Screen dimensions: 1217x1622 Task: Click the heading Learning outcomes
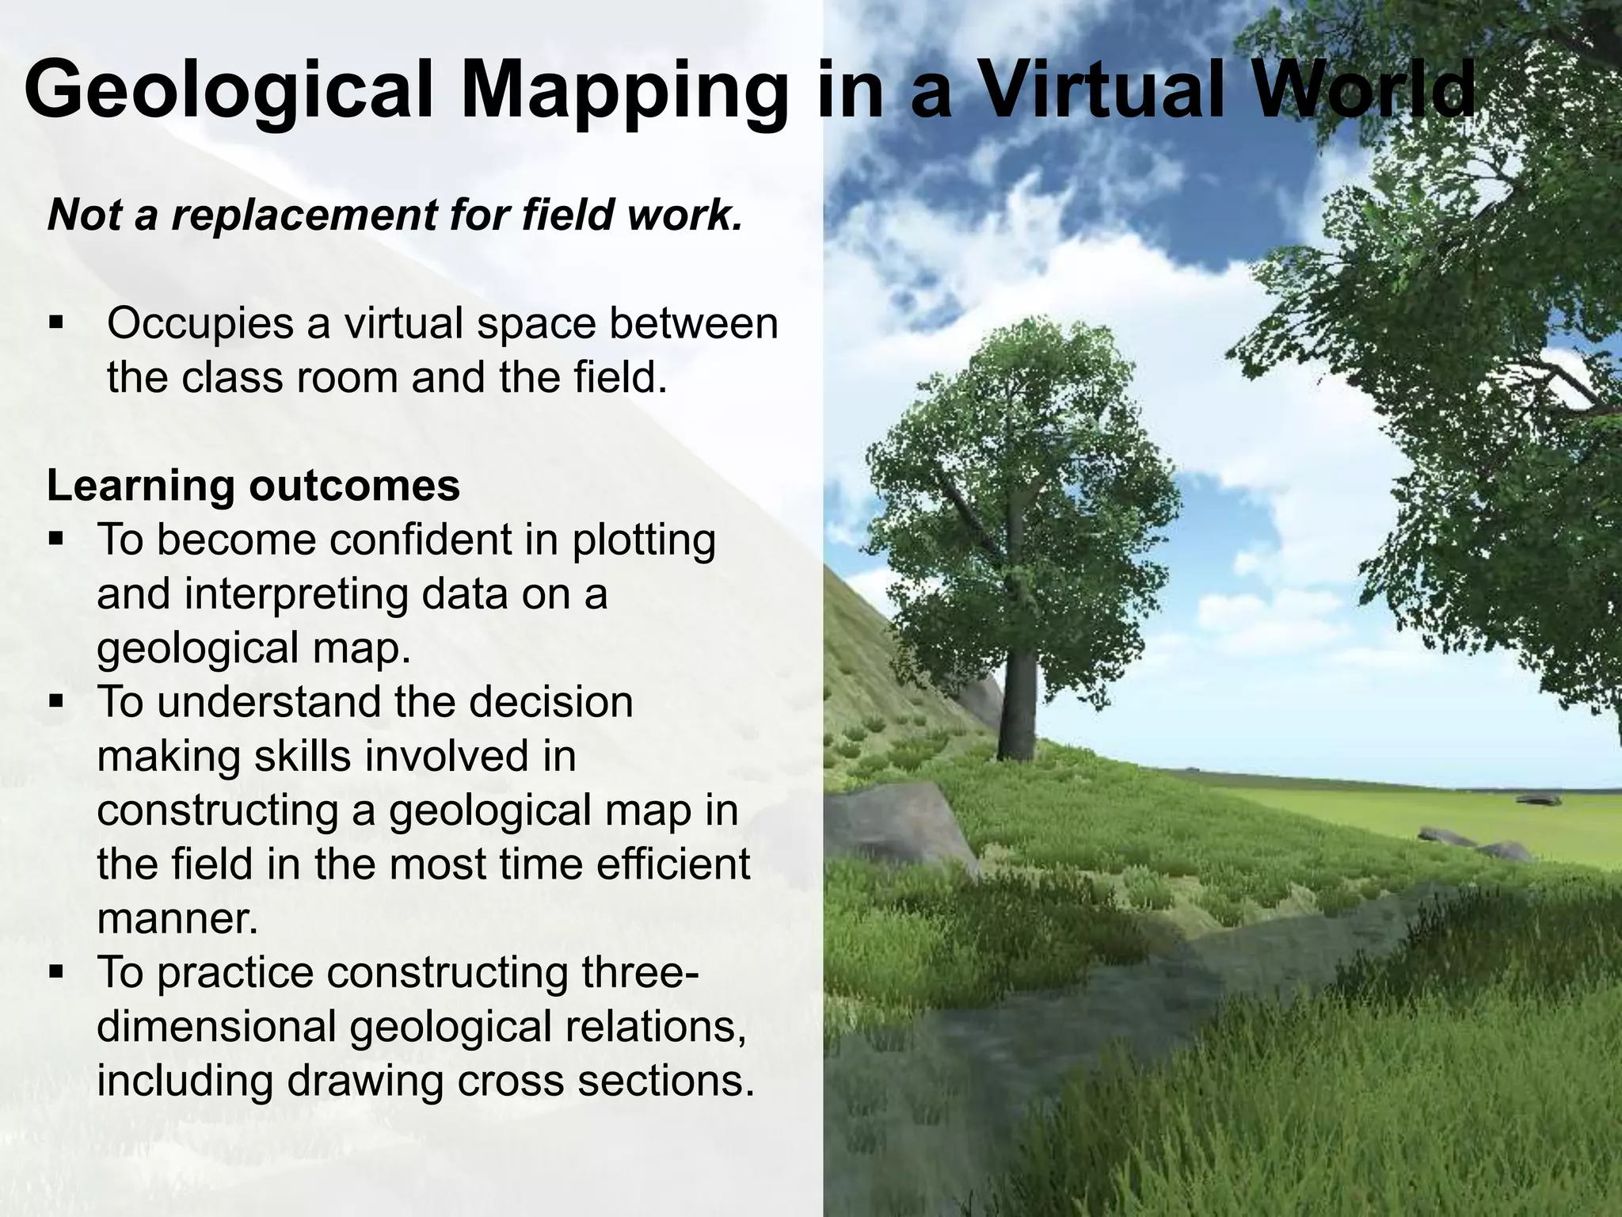tap(253, 485)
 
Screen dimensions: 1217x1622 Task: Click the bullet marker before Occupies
tap(55, 323)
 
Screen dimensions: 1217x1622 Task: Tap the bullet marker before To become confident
tap(55, 540)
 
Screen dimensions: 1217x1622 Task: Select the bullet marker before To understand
tap(55, 702)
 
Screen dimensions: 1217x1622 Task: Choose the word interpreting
tap(296, 594)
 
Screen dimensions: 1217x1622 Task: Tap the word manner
tap(177, 919)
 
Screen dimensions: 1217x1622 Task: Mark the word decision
tap(562, 702)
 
